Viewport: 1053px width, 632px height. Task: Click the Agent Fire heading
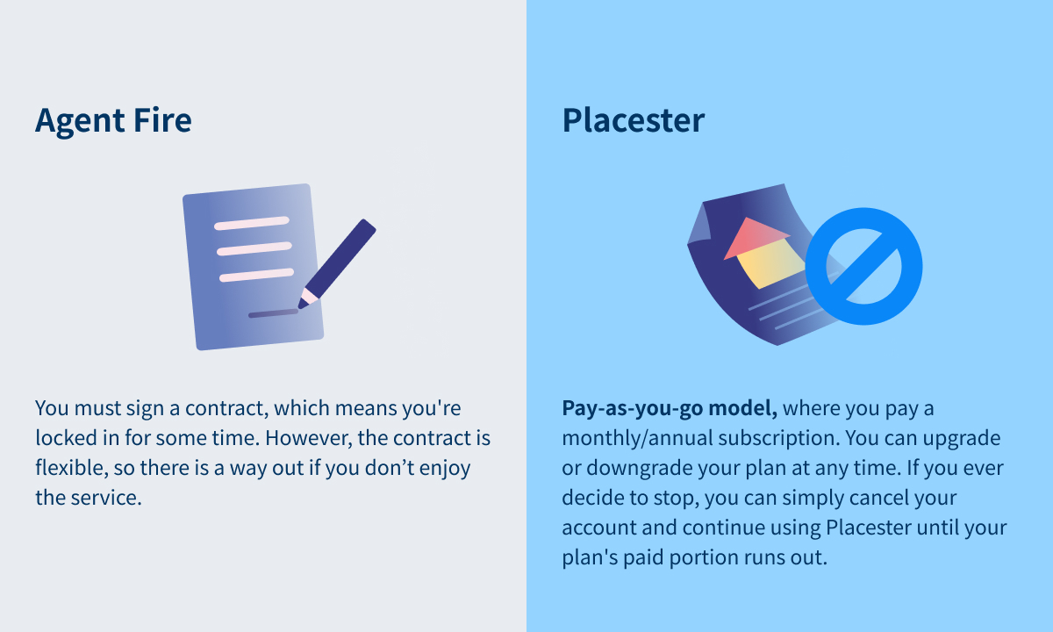[x=113, y=121]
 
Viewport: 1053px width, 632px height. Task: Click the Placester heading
[x=634, y=120]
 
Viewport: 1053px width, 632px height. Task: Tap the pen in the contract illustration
[x=337, y=264]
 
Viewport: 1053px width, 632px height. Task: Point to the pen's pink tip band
[x=309, y=296]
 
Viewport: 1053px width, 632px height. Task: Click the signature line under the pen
[x=273, y=313]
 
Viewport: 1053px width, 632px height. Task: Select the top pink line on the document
[x=252, y=223]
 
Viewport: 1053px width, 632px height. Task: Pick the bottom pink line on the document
[x=256, y=275]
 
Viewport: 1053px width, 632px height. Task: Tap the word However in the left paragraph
[x=308, y=438]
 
